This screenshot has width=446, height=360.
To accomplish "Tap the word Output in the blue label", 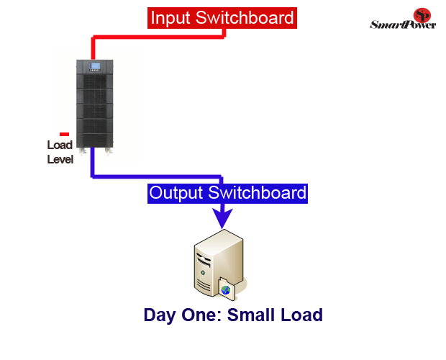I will [x=176, y=193].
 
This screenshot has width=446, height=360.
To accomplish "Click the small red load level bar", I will [x=64, y=134].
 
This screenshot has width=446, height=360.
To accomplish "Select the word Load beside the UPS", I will [x=60, y=145].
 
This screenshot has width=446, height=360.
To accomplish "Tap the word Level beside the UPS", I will [x=60, y=159].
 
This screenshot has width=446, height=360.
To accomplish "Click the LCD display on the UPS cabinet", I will [x=94, y=68].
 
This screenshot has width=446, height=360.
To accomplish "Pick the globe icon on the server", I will [x=226, y=289].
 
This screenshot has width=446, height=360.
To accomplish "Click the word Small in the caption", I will [x=248, y=315].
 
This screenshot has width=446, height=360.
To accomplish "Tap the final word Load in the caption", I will [x=301, y=315].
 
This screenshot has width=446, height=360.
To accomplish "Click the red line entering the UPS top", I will [x=93, y=48].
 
